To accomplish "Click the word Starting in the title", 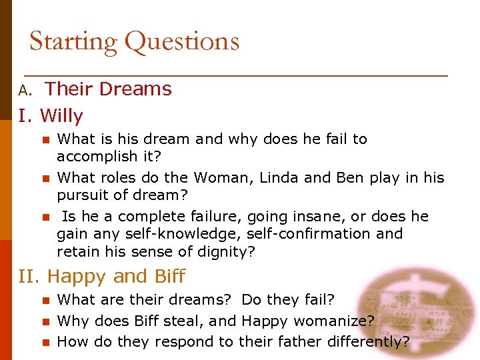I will point(74,41).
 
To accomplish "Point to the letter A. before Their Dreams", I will point(25,90).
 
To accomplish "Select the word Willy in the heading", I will point(61,117).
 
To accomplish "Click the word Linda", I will point(279,177).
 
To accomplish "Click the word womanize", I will point(337,321).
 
